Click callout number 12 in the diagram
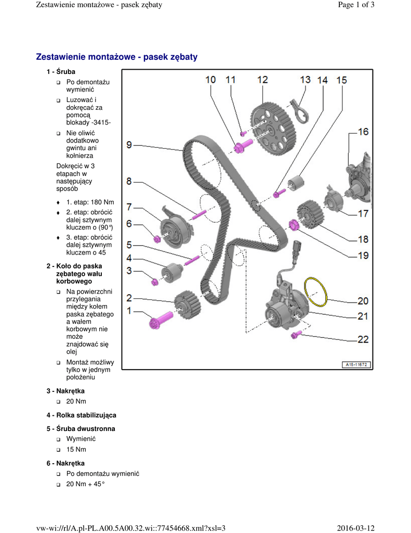coord(262,80)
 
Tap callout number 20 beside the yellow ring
coord(362,301)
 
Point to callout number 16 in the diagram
coord(362,132)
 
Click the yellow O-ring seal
coord(316,291)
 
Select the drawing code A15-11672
coord(356,365)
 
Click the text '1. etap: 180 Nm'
coord(90,202)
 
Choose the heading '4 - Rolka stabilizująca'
coord(81,415)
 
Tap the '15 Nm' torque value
coord(76,449)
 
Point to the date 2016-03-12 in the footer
coord(355,528)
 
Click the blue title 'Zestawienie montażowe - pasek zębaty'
coord(117,57)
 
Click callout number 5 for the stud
coord(129,244)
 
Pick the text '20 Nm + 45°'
coord(85,484)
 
